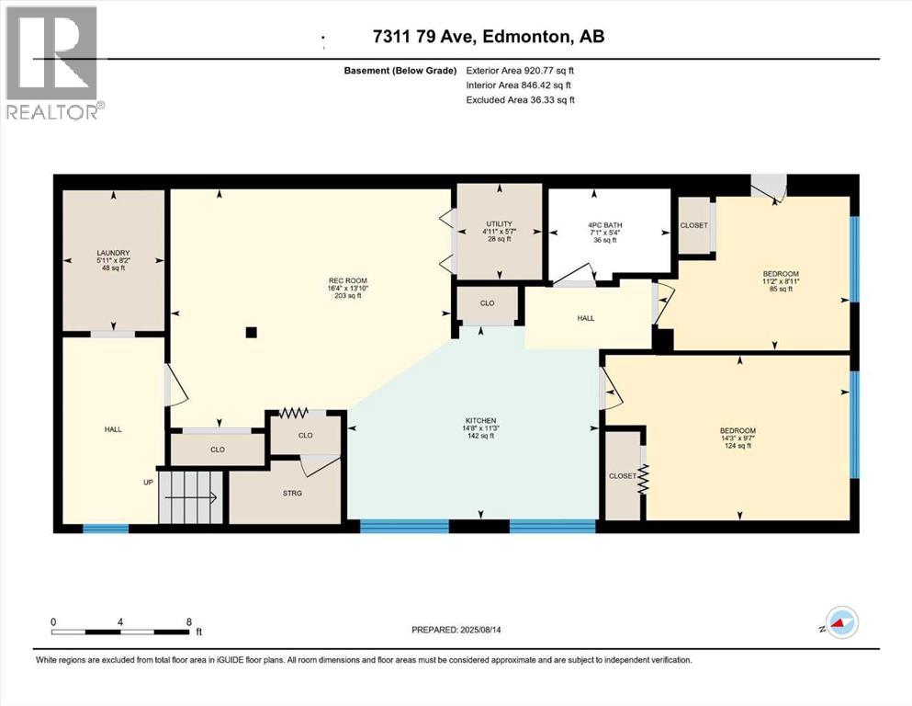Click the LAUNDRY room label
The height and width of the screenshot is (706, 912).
pyautogui.click(x=113, y=253)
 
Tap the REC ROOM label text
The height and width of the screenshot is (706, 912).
pyautogui.click(x=348, y=280)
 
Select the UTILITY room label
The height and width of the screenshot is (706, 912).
pyautogui.click(x=499, y=223)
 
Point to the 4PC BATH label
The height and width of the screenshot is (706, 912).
pyautogui.click(x=605, y=224)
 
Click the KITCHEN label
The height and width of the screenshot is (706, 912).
pyautogui.click(x=480, y=420)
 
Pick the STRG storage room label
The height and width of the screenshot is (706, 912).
pyautogui.click(x=292, y=493)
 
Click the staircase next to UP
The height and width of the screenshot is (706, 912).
pyautogui.click(x=191, y=497)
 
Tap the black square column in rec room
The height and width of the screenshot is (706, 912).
pyautogui.click(x=252, y=333)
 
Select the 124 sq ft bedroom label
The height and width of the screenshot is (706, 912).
pyautogui.click(x=737, y=431)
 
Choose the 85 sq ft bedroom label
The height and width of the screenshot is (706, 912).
pyautogui.click(x=781, y=274)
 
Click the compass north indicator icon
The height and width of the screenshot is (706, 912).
pyautogui.click(x=841, y=622)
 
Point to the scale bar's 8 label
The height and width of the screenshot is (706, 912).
pyautogui.click(x=189, y=622)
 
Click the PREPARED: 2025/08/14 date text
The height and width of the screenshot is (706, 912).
pyautogui.click(x=456, y=630)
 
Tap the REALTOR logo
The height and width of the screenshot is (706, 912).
pyautogui.click(x=55, y=63)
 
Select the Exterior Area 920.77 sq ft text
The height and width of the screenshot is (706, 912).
pyautogui.click(x=520, y=71)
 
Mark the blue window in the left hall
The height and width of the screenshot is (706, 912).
pyautogui.click(x=106, y=529)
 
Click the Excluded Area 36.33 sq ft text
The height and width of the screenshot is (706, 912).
pyautogui.click(x=521, y=99)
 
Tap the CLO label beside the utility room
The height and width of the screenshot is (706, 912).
pyautogui.click(x=488, y=303)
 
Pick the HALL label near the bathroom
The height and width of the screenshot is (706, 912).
pyautogui.click(x=586, y=318)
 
